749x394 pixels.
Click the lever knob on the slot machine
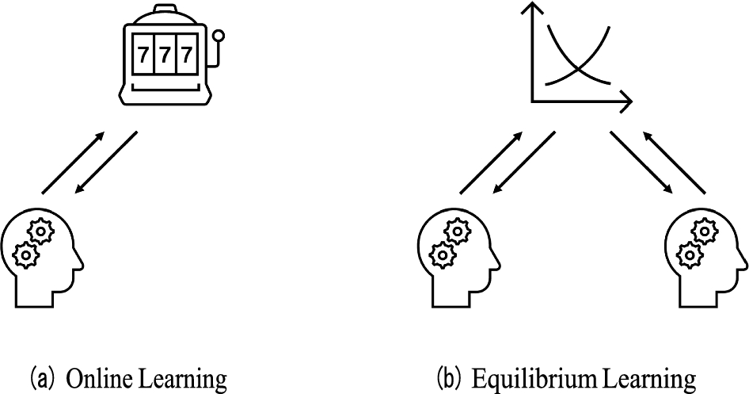[x=219, y=35]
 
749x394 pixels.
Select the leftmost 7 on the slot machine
[x=144, y=56]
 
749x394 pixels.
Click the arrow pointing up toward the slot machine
[x=73, y=164]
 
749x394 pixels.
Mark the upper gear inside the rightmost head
[x=703, y=231]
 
